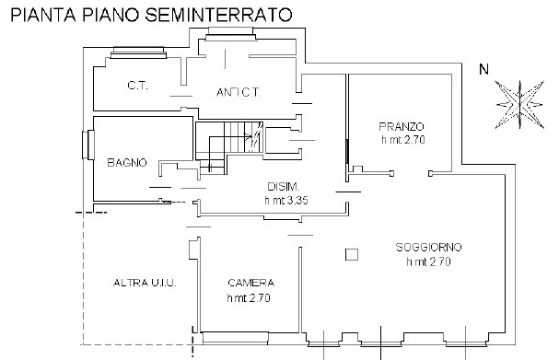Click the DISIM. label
pyautogui.click(x=280, y=185)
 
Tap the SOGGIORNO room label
pyautogui.click(x=428, y=248)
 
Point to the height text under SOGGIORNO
pyautogui.click(x=428, y=262)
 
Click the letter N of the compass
pyautogui.click(x=483, y=68)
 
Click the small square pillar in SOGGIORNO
pyautogui.click(x=350, y=255)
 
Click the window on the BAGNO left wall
pyautogui.click(x=89, y=145)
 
